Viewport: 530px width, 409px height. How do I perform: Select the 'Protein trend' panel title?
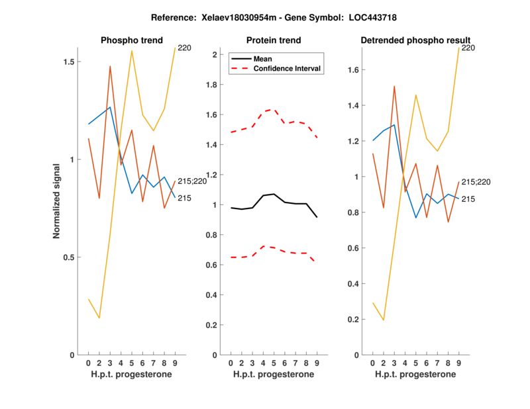pos(274,40)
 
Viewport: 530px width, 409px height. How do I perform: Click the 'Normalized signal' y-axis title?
pos(58,202)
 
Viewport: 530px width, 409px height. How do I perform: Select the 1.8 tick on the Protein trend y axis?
pos(214,85)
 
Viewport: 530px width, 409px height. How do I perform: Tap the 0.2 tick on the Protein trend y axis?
pos(214,325)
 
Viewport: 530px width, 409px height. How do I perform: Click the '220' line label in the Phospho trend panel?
pos(184,48)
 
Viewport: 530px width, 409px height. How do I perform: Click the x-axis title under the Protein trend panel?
pos(274,375)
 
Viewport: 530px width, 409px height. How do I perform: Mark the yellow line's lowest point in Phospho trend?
pos(99,318)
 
